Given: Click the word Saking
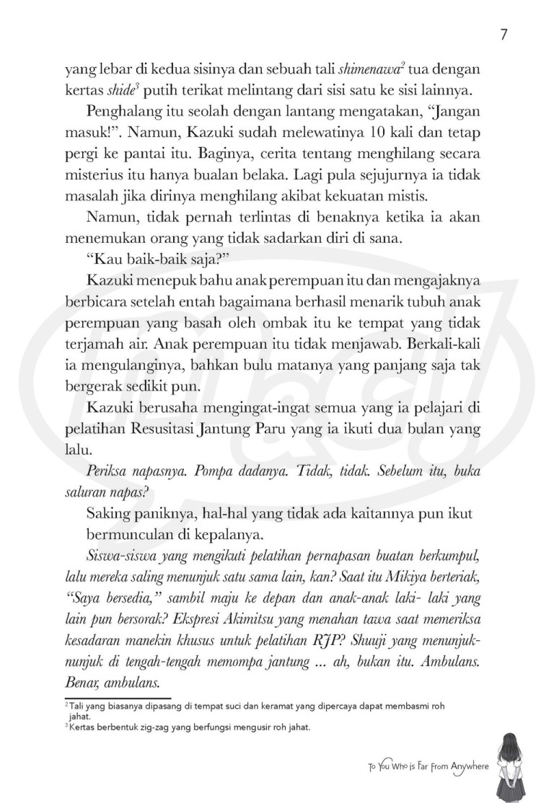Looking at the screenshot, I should pyautogui.click(x=106, y=510).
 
